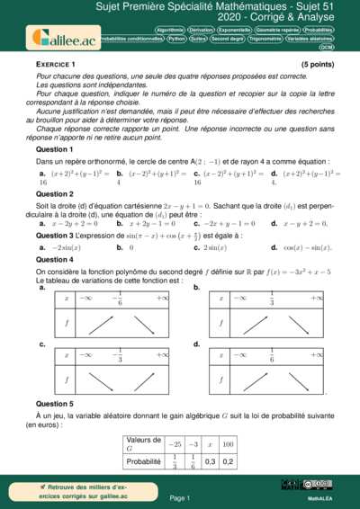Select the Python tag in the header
coord(176,39)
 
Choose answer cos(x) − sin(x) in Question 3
coord(307,247)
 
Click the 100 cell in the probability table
coord(228,444)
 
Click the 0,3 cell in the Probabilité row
coord(211,461)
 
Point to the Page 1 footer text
coord(179,497)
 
